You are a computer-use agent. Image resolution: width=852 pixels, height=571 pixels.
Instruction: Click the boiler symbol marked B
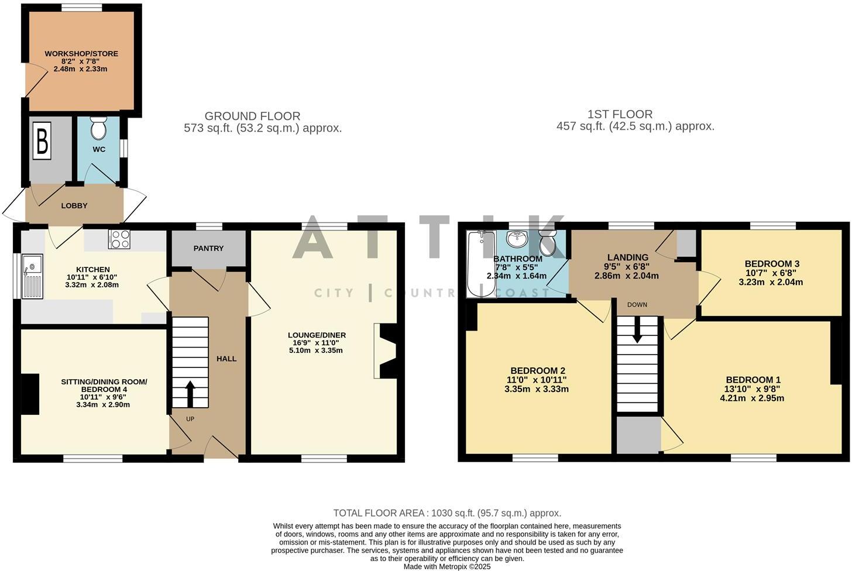pyautogui.click(x=42, y=140)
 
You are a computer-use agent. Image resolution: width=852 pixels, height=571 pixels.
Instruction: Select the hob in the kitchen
pyautogui.click(x=119, y=239)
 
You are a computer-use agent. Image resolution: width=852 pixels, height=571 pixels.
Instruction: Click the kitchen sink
pyautogui.click(x=32, y=276)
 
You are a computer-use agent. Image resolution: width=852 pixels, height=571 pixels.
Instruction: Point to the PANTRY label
pyautogui.click(x=208, y=248)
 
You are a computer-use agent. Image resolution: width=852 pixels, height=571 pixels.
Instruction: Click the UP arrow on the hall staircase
pyautogui.click(x=190, y=394)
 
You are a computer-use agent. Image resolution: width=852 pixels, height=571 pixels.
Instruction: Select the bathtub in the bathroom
pyautogui.click(x=480, y=264)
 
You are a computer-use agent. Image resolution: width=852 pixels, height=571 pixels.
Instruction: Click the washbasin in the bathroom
pyautogui.click(x=517, y=239)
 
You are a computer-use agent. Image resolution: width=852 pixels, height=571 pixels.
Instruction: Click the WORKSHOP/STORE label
pyautogui.click(x=81, y=54)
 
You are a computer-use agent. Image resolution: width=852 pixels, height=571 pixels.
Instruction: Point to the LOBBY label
pyautogui.click(x=74, y=206)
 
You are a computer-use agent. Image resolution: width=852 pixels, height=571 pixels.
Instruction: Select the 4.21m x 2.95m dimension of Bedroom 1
pyautogui.click(x=752, y=398)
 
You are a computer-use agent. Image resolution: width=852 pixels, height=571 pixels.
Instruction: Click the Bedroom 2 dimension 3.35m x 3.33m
pyautogui.click(x=537, y=389)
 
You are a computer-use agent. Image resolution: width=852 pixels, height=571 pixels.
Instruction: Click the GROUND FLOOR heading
pyautogui.click(x=252, y=116)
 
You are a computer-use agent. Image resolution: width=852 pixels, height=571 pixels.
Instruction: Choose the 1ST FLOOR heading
pyautogui.click(x=620, y=114)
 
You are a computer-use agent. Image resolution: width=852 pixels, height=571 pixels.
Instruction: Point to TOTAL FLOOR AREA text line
pyautogui.click(x=447, y=513)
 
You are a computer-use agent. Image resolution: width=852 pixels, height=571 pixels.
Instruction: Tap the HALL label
pyautogui.click(x=226, y=359)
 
